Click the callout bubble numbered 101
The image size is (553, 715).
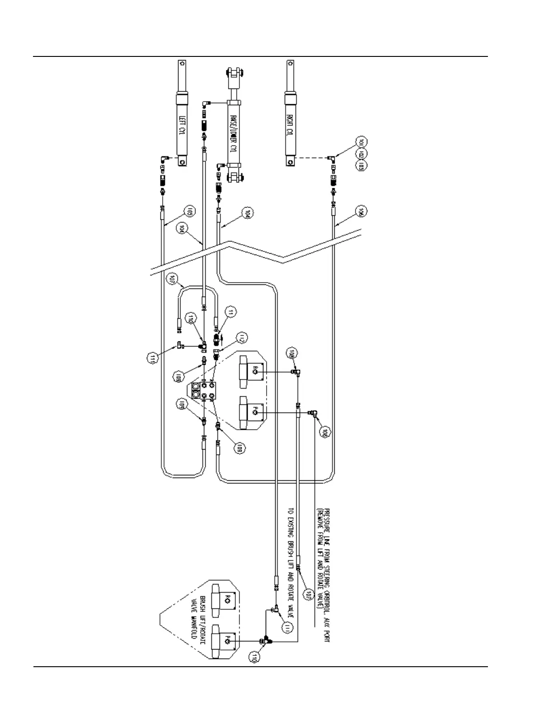point(361,143)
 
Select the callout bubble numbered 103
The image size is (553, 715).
point(361,166)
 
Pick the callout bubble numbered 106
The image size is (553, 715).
point(361,212)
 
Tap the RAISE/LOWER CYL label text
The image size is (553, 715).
point(234,135)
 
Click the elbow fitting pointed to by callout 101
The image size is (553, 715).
point(332,158)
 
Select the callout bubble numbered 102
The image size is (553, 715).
point(361,154)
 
